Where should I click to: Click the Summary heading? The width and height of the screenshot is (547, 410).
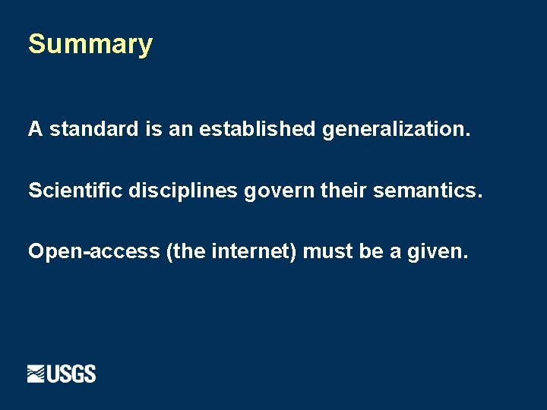point(90,44)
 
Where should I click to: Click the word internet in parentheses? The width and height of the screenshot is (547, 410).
point(254,251)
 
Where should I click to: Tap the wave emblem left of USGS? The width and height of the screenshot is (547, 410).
point(36,374)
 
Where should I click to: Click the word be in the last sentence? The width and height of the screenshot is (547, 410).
point(371,251)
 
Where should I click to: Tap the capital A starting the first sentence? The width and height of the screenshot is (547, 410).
point(35,129)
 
